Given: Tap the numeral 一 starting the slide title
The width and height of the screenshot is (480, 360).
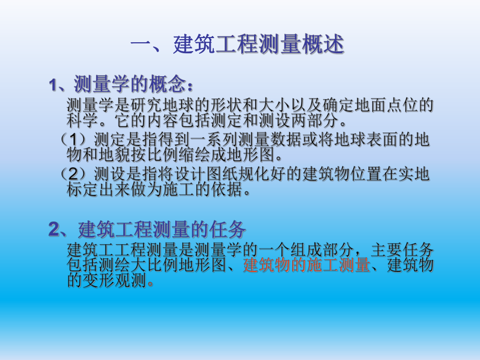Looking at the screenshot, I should point(141,46).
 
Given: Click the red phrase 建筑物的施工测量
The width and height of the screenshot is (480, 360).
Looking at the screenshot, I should point(306,266).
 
